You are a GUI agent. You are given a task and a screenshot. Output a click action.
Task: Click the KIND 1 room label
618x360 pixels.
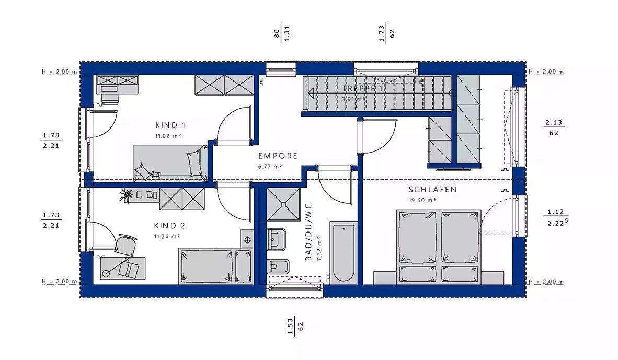170,125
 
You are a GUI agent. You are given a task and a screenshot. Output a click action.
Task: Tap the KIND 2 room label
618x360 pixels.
169,226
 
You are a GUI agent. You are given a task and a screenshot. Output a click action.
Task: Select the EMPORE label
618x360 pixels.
278,156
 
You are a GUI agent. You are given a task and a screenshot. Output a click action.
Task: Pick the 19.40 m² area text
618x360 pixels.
422,200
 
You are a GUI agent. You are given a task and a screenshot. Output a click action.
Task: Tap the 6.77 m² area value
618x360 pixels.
270,166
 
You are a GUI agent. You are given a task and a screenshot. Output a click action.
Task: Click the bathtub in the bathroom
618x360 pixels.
342,251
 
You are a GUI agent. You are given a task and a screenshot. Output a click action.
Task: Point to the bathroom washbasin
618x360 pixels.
276,240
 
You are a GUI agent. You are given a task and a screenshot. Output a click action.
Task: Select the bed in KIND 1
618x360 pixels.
170,163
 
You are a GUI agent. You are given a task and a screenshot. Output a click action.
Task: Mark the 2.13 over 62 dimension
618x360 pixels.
554,128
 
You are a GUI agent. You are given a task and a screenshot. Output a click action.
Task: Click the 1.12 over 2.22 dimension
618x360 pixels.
555,217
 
